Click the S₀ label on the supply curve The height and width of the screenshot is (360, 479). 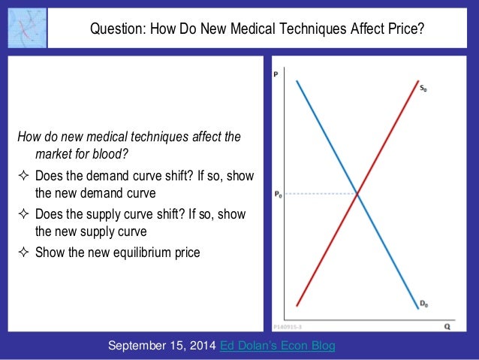423,89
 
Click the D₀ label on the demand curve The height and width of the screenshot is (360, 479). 423,304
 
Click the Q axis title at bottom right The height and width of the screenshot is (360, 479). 447,327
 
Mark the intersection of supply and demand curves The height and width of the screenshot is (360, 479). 357,195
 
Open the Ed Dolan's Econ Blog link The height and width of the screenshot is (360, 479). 278,345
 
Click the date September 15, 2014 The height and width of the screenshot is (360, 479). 161,345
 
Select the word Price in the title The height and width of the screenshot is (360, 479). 405,29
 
